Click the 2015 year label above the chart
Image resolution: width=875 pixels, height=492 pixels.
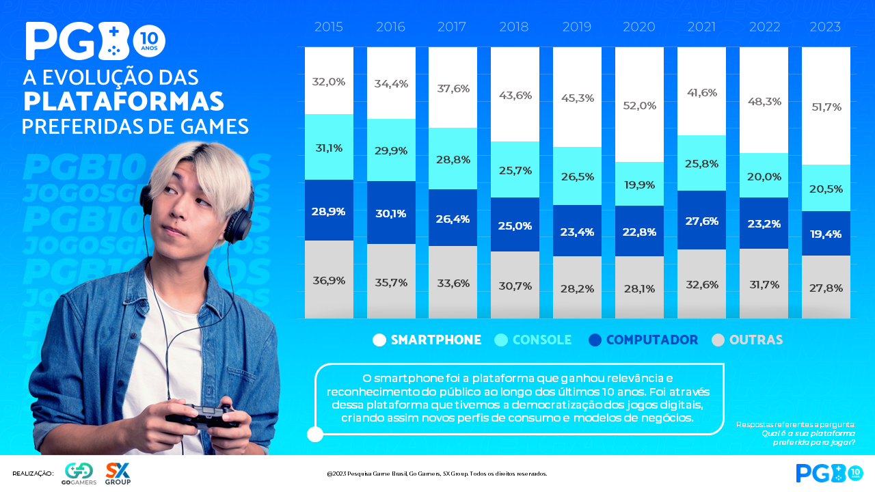329,27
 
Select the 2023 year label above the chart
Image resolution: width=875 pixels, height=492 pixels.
825,27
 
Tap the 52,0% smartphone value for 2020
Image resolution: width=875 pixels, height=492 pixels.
639,106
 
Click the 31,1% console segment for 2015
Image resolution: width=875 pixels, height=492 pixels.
329,148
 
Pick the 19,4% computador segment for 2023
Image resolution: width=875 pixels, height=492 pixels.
825,234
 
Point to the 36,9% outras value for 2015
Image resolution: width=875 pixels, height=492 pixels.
329,280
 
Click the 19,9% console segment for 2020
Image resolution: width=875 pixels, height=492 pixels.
639,184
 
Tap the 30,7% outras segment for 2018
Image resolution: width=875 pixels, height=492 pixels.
515,286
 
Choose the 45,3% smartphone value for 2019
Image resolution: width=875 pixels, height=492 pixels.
577,98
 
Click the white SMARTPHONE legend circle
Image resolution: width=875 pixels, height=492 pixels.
379,340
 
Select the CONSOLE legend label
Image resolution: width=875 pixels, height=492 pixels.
542,340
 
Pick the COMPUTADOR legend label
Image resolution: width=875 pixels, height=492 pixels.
651,340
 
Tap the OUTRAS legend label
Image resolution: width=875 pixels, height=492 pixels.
756,340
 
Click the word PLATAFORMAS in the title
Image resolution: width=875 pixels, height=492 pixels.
124,101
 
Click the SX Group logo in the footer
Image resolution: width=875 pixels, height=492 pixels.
118,473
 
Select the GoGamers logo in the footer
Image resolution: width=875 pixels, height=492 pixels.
79,473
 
